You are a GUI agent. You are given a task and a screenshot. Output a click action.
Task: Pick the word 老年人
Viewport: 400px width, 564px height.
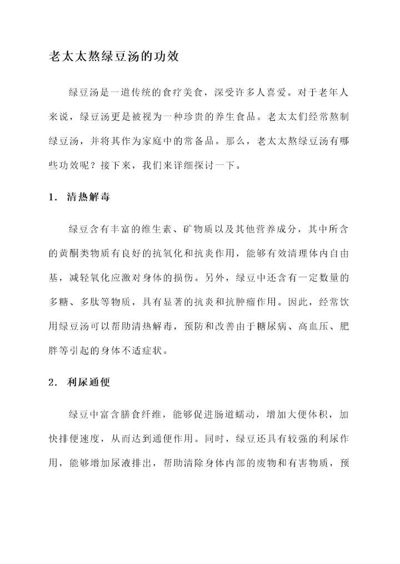(x=330, y=90)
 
